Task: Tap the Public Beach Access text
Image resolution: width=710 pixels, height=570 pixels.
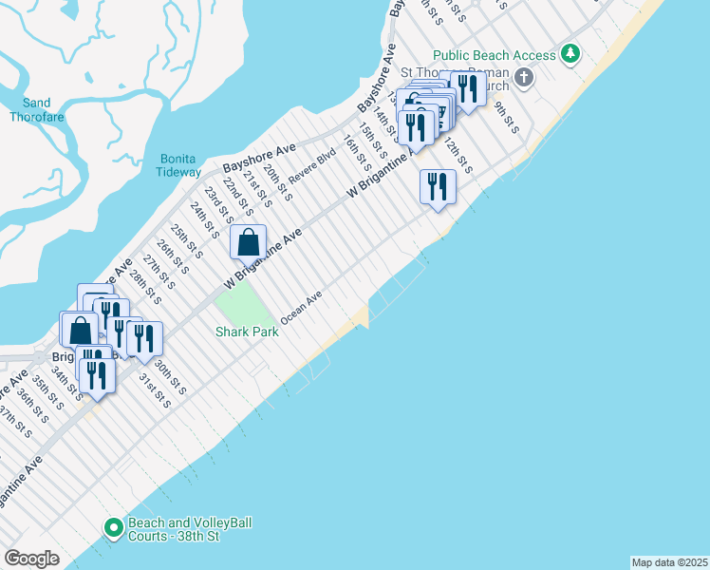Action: [494, 56]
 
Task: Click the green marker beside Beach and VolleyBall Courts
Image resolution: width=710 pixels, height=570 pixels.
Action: [113, 526]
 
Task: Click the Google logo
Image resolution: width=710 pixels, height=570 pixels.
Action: [31, 559]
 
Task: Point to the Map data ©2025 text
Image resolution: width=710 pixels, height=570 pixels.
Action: [669, 562]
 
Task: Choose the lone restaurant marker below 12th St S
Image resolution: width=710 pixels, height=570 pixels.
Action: [438, 185]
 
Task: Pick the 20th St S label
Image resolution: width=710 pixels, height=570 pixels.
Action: [277, 182]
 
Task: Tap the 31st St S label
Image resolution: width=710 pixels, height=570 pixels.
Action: [156, 390]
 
